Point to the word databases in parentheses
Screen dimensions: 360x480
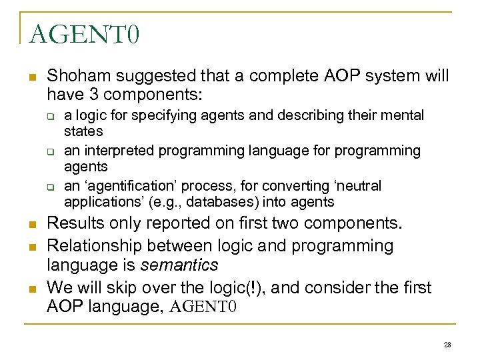187,201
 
